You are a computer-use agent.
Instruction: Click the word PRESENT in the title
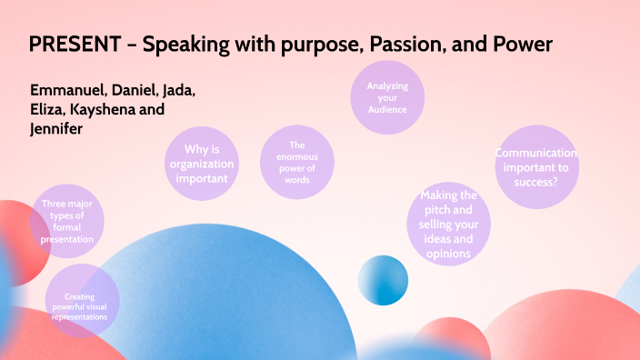tap(75, 44)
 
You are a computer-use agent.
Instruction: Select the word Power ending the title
tap(523, 44)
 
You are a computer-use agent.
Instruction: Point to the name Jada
tap(179, 90)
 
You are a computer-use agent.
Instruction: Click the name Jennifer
tap(56, 129)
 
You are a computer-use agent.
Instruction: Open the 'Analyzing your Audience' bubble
tap(387, 97)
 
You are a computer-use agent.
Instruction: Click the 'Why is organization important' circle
tap(202, 164)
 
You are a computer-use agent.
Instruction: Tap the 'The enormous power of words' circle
tap(297, 162)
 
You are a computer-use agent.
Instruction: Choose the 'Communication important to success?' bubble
tap(536, 167)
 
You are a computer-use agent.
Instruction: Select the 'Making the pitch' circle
tap(448, 224)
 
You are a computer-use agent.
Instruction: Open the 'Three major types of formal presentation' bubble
tap(67, 221)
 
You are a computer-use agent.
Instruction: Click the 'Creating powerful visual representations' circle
tap(82, 301)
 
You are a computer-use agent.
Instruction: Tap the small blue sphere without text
tap(383, 280)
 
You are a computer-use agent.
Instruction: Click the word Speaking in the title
tap(185, 45)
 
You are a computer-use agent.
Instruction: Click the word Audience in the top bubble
tap(387, 109)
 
